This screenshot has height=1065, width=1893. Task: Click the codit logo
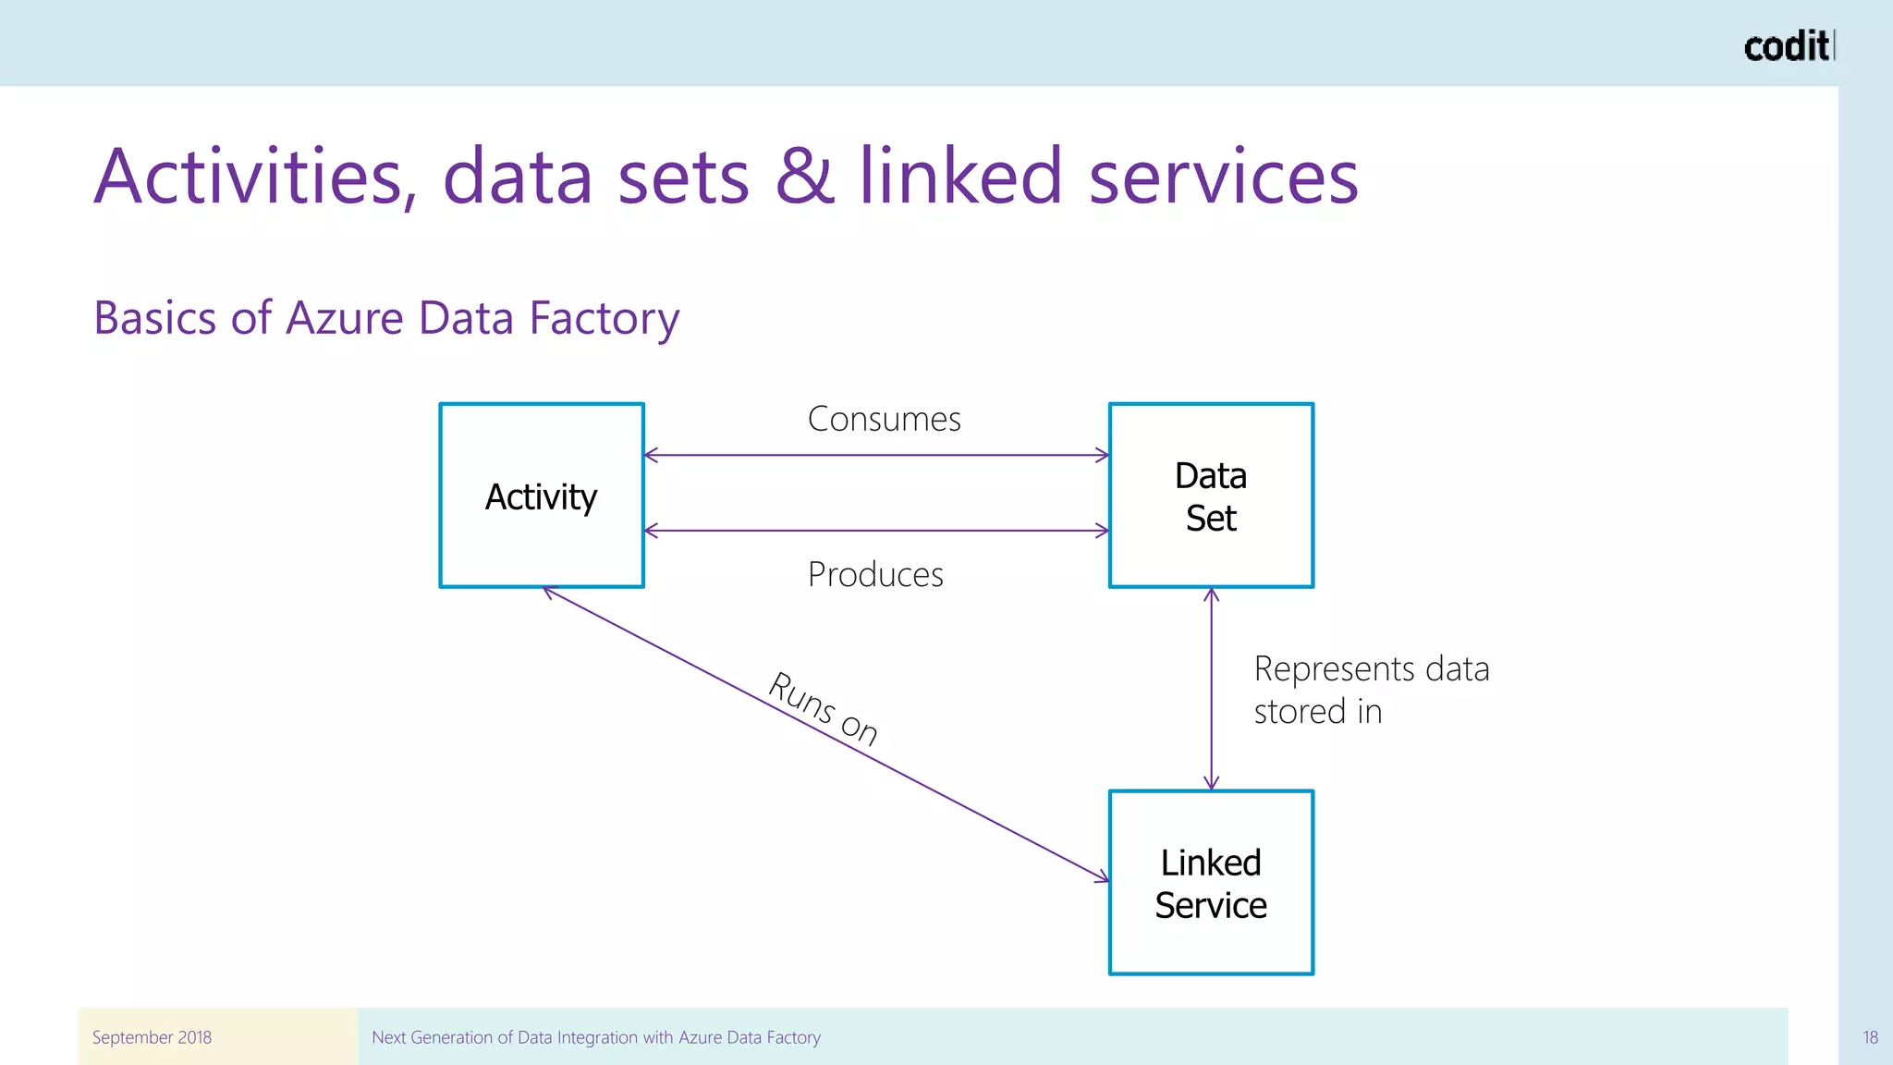1788,46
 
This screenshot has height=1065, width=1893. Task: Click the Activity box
542,496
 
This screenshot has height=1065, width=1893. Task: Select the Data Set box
1211,496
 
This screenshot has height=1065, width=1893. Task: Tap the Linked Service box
1211,883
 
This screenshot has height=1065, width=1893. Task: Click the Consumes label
884,420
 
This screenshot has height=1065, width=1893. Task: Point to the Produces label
875,575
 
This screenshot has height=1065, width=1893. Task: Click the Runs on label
823,709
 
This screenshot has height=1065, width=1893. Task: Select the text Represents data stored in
1371,690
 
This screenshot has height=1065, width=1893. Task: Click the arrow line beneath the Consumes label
876,455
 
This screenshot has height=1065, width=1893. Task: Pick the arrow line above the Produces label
876,531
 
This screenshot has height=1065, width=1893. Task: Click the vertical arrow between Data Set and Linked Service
1212,689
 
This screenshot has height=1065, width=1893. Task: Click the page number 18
1870,1037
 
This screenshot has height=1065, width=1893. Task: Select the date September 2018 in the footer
152,1037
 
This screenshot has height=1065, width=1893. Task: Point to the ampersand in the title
804,177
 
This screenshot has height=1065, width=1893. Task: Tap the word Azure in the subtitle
345,318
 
